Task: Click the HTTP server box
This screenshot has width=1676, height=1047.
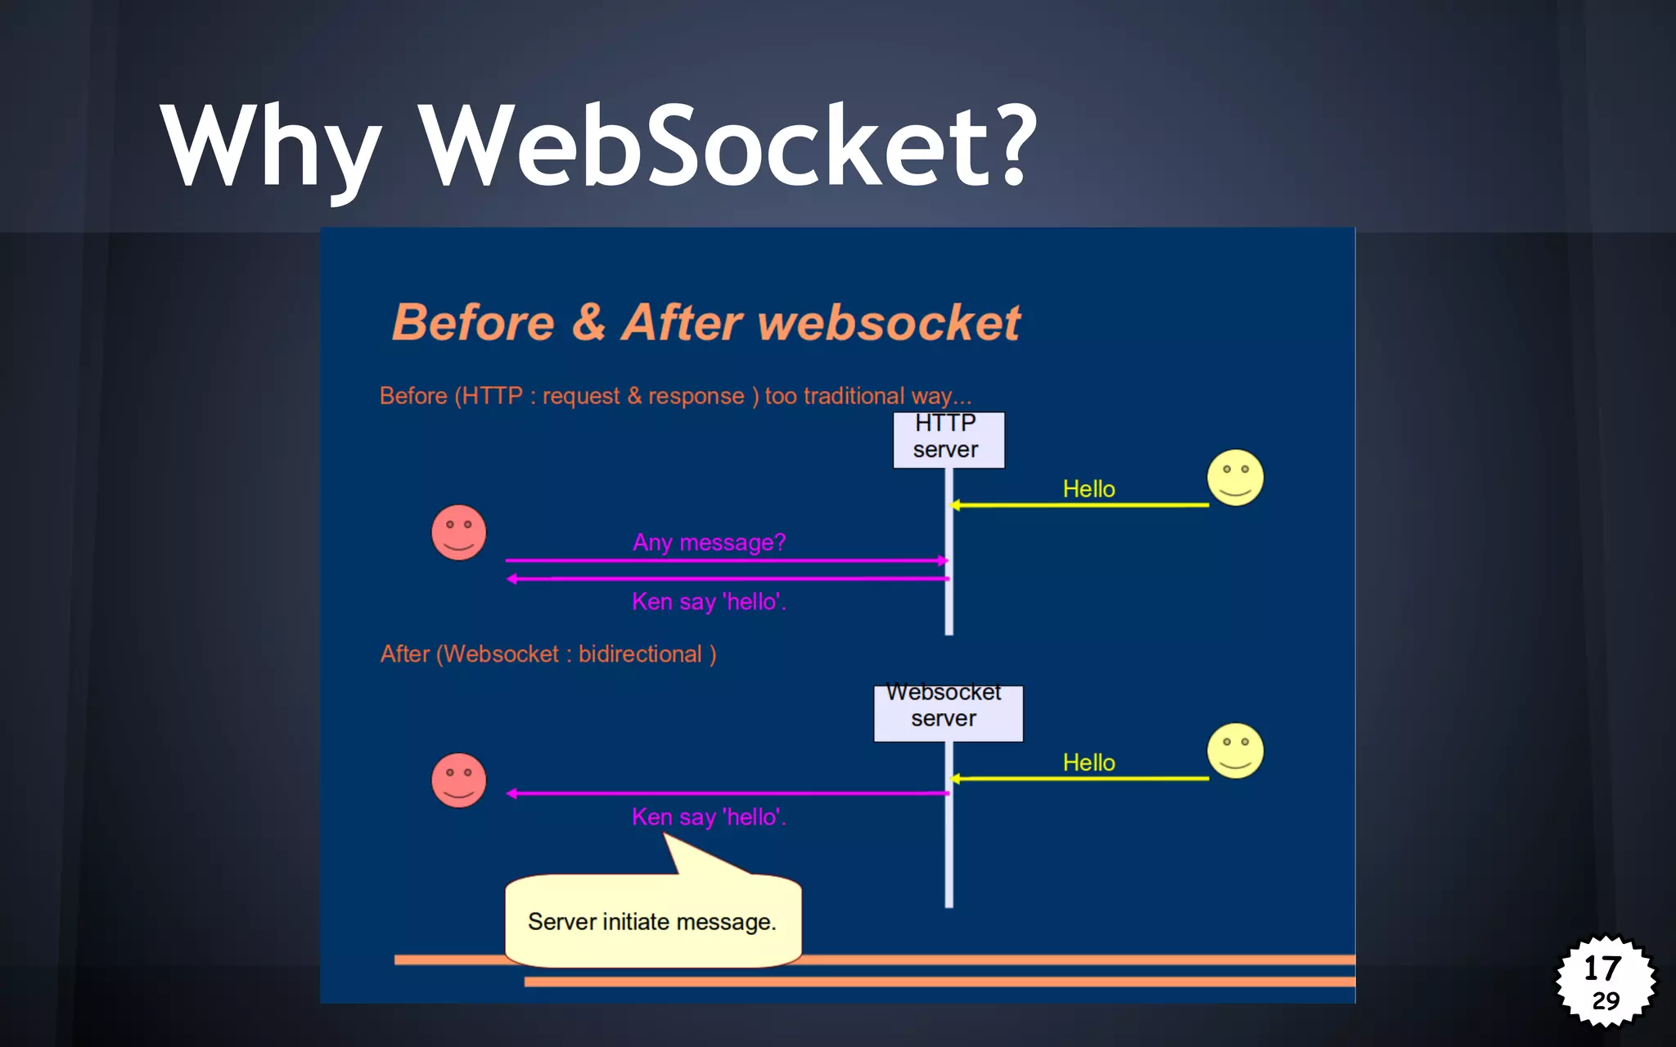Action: [x=948, y=439]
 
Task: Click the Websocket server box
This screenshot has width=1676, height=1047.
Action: [x=947, y=712]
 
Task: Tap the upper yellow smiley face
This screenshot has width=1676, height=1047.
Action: [x=1235, y=478]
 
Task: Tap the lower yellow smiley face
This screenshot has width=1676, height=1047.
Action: [x=1235, y=750]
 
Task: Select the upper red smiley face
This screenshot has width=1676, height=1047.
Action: [x=458, y=532]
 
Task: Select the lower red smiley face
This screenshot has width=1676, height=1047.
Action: [x=458, y=780]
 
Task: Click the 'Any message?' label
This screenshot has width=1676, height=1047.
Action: [x=709, y=542]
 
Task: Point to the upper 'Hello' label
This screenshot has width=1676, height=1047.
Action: [x=1088, y=489]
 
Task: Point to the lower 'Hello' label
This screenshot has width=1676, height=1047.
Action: [x=1088, y=762]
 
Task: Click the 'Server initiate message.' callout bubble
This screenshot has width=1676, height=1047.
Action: [x=651, y=921]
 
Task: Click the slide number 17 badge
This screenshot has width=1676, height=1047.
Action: [x=1605, y=980]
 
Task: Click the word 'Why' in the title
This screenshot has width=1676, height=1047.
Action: [x=271, y=147]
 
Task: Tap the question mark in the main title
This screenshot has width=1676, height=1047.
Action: [x=1010, y=143]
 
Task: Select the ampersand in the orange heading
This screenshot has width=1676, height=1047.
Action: [x=588, y=321]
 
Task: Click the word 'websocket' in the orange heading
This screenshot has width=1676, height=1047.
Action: [x=889, y=322]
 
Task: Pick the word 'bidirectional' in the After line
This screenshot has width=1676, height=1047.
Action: [x=639, y=654]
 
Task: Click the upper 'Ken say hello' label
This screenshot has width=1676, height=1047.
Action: [x=709, y=602]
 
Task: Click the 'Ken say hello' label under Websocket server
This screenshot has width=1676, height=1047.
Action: [x=709, y=817]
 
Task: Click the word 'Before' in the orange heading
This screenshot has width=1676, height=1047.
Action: [x=473, y=322]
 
